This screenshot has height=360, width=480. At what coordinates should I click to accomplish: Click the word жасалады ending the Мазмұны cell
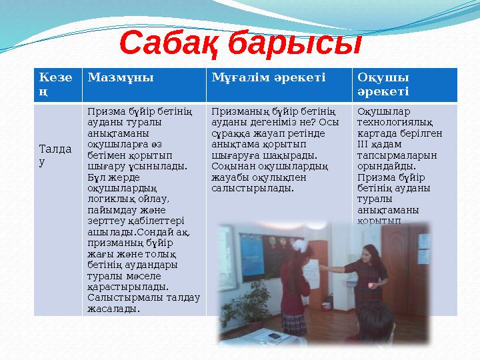pos(113,309)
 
